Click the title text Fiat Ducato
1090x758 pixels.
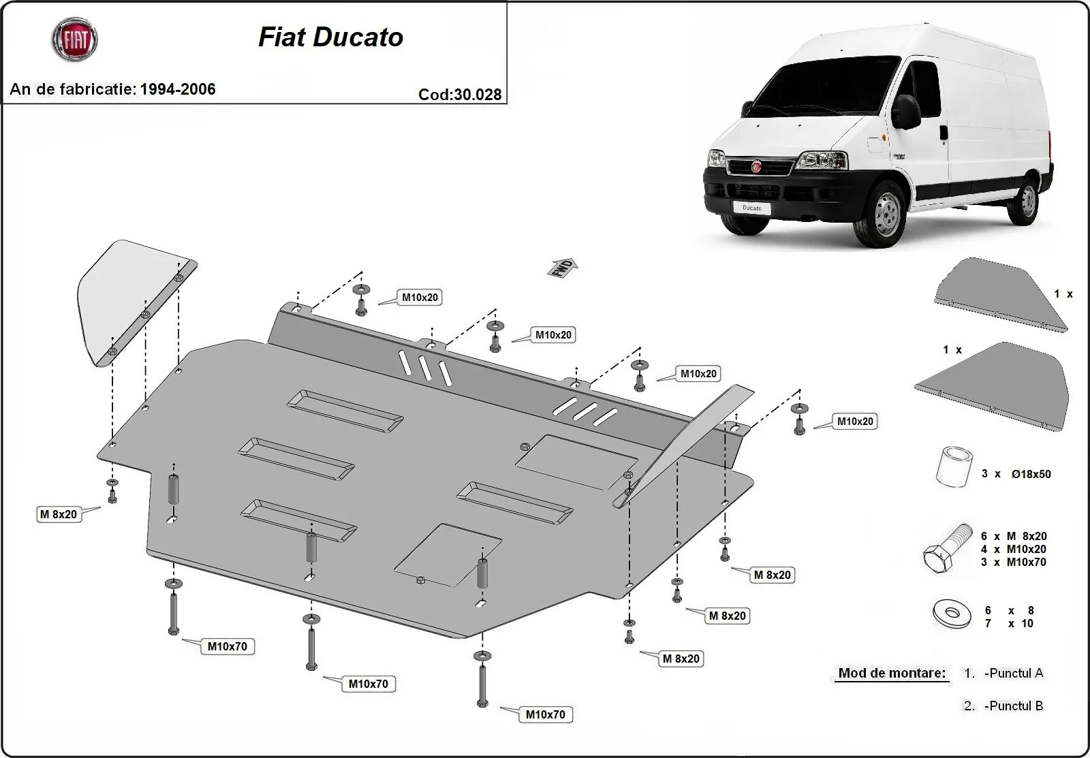330,37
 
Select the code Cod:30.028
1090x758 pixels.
460,95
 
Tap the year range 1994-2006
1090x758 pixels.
178,89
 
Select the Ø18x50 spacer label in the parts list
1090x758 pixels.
1030,474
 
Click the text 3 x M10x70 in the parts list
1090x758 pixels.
1013,562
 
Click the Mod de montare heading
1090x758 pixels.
892,673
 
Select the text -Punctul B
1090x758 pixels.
1013,706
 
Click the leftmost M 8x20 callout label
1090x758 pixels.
59,514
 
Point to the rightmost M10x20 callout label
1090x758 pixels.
855,422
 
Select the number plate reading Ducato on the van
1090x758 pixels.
751,208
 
